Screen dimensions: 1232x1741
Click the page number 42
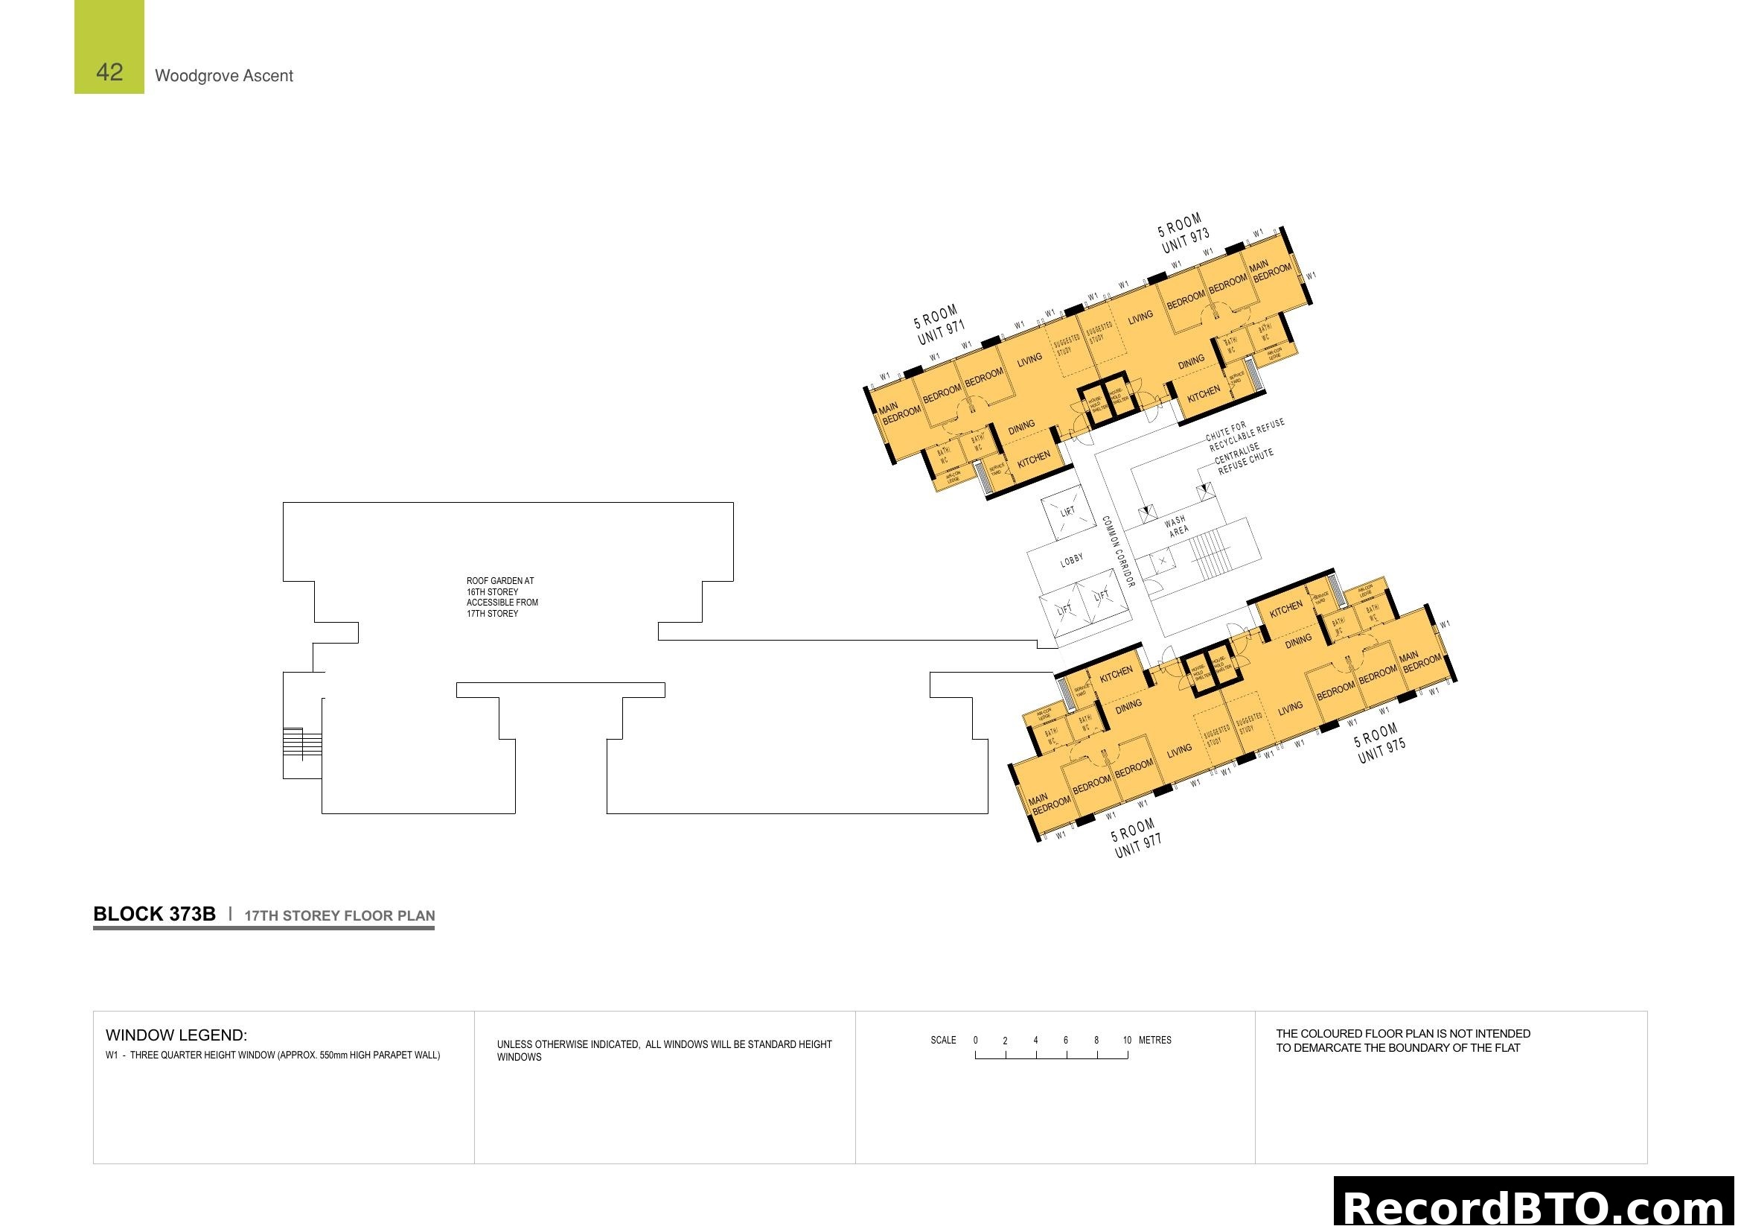109,72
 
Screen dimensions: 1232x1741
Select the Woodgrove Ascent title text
224,76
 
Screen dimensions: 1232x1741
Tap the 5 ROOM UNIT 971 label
939,325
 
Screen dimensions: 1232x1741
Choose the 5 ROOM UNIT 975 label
1380,743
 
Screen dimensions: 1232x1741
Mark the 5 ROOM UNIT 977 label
1136,838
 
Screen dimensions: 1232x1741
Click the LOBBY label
1071,561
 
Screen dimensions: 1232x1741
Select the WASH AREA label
1177,526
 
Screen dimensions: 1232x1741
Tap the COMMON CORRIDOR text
1118,551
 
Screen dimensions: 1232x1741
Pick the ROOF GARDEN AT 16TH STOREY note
502,597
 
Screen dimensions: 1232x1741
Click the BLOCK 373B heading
155,914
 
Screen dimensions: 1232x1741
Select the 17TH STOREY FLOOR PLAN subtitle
339,915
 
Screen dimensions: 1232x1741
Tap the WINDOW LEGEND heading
176,1035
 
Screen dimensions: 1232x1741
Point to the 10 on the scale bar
1127,1040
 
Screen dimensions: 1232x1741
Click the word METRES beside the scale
1155,1040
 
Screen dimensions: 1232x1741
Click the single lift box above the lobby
1067,512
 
